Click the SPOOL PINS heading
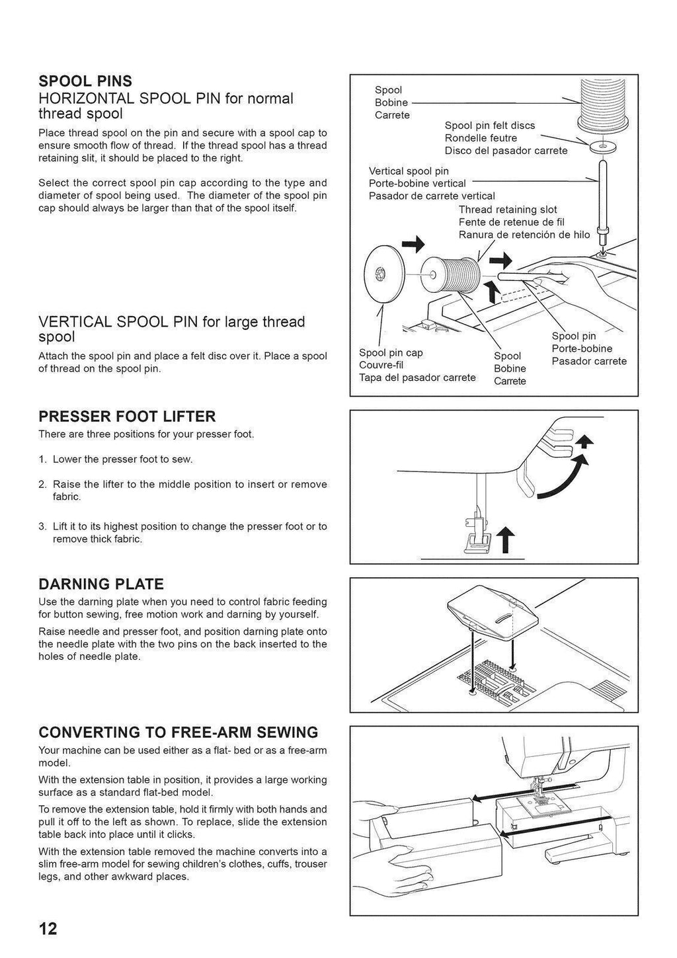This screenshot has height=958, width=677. tap(85, 81)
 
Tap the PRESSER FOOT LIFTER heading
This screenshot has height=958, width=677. tap(127, 417)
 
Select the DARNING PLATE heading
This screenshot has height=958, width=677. tap(101, 584)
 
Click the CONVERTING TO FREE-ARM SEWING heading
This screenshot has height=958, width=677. tap(179, 733)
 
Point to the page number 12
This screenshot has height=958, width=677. tap(48, 929)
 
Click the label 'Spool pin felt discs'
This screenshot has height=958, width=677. tap(490, 126)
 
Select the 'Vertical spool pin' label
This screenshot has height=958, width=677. tap(409, 171)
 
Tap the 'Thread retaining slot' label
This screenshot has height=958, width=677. tap(508, 210)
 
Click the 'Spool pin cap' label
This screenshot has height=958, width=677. tap(391, 353)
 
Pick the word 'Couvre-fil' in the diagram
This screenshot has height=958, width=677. tap(381, 366)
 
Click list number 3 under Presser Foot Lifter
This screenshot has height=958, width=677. tap(42, 527)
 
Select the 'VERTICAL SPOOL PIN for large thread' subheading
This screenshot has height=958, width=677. tap(172, 322)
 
